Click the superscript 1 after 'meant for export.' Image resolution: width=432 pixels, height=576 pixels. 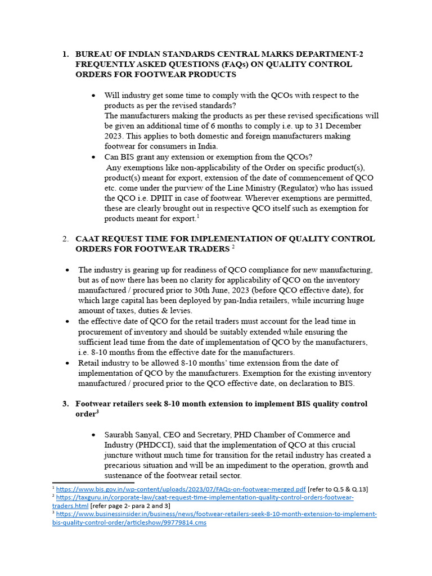point(198,217)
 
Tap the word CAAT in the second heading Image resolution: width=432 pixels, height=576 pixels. point(89,238)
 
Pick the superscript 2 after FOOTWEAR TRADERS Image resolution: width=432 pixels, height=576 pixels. point(233,247)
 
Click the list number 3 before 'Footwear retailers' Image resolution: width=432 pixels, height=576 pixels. point(65,404)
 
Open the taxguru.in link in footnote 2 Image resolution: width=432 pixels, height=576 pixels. point(205,498)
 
